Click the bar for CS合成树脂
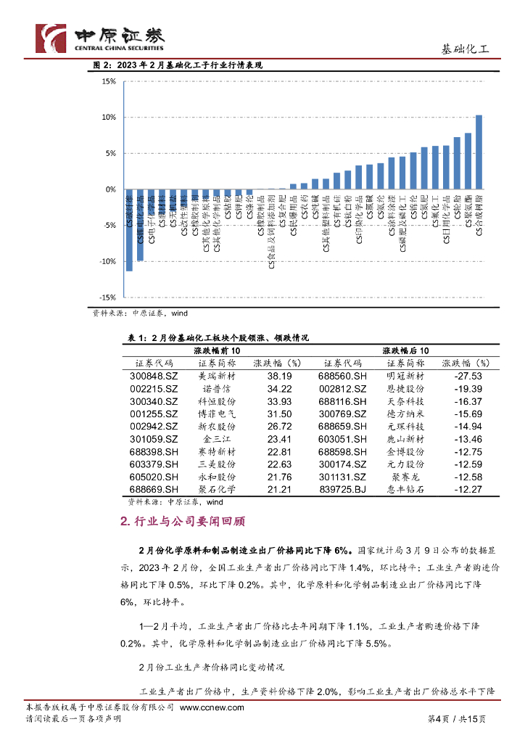pyautogui.click(x=479, y=152)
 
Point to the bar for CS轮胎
pyautogui.click(x=457, y=163)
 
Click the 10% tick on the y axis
pyautogui.click(x=109, y=117)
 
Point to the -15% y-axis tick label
pyautogui.click(x=108, y=297)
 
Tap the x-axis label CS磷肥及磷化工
pyautogui.click(x=402, y=228)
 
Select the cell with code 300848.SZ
pyautogui.click(x=154, y=377)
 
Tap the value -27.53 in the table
pyautogui.click(x=468, y=377)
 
